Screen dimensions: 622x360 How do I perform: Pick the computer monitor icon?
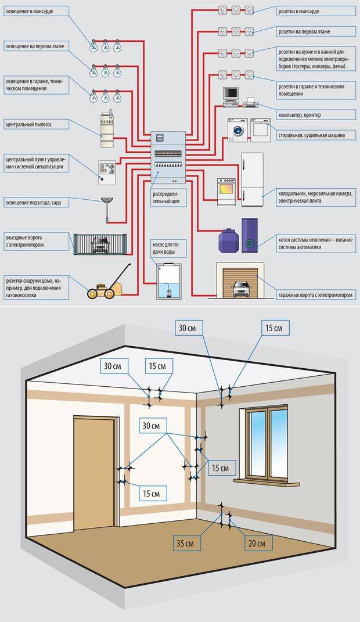(231, 95)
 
